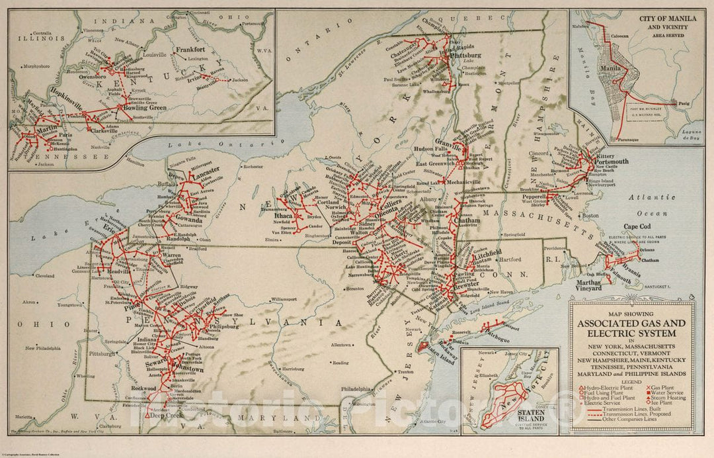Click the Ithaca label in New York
pyautogui.click(x=284, y=216)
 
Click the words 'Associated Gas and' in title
pyautogui.click(x=633, y=324)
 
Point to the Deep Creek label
pyautogui.click(x=165, y=416)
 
